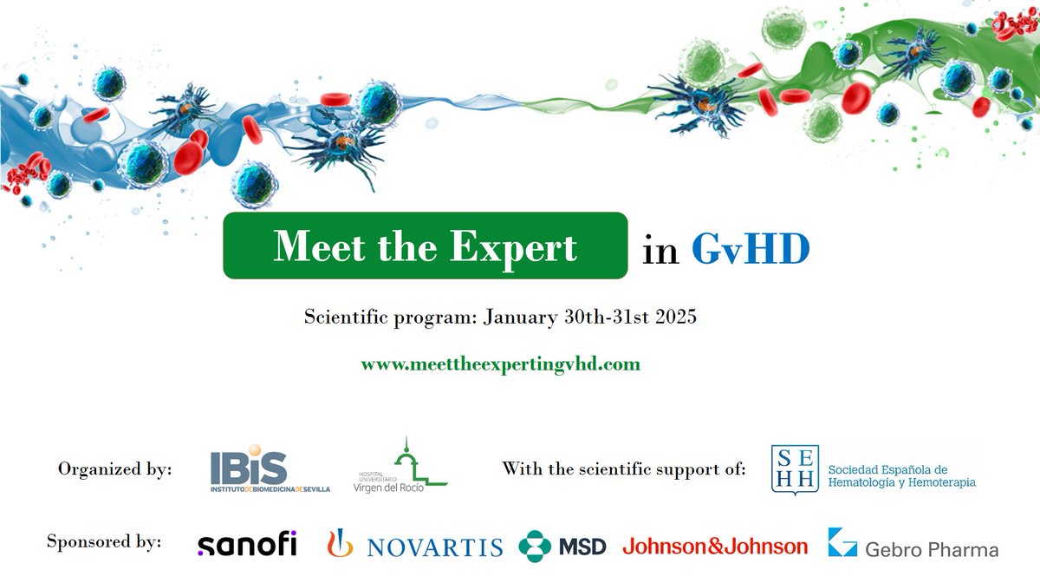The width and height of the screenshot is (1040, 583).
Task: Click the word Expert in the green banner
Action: pos(513,247)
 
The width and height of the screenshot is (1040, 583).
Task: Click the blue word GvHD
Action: pos(751,249)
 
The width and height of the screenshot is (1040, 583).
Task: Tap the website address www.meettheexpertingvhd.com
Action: pos(501,364)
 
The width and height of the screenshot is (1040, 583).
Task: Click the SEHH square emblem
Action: pos(794,469)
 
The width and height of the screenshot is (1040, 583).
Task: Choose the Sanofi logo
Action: pos(247,544)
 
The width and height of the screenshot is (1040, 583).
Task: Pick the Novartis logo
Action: pos(415,545)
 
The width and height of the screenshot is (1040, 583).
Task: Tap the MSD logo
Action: pos(562,546)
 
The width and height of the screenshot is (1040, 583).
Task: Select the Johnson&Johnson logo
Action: pos(715,546)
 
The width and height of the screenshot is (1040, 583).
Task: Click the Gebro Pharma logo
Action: pos(913,545)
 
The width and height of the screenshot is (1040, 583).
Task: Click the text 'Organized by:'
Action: pos(115,469)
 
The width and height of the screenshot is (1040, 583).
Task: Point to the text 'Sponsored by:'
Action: pos(104,542)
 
